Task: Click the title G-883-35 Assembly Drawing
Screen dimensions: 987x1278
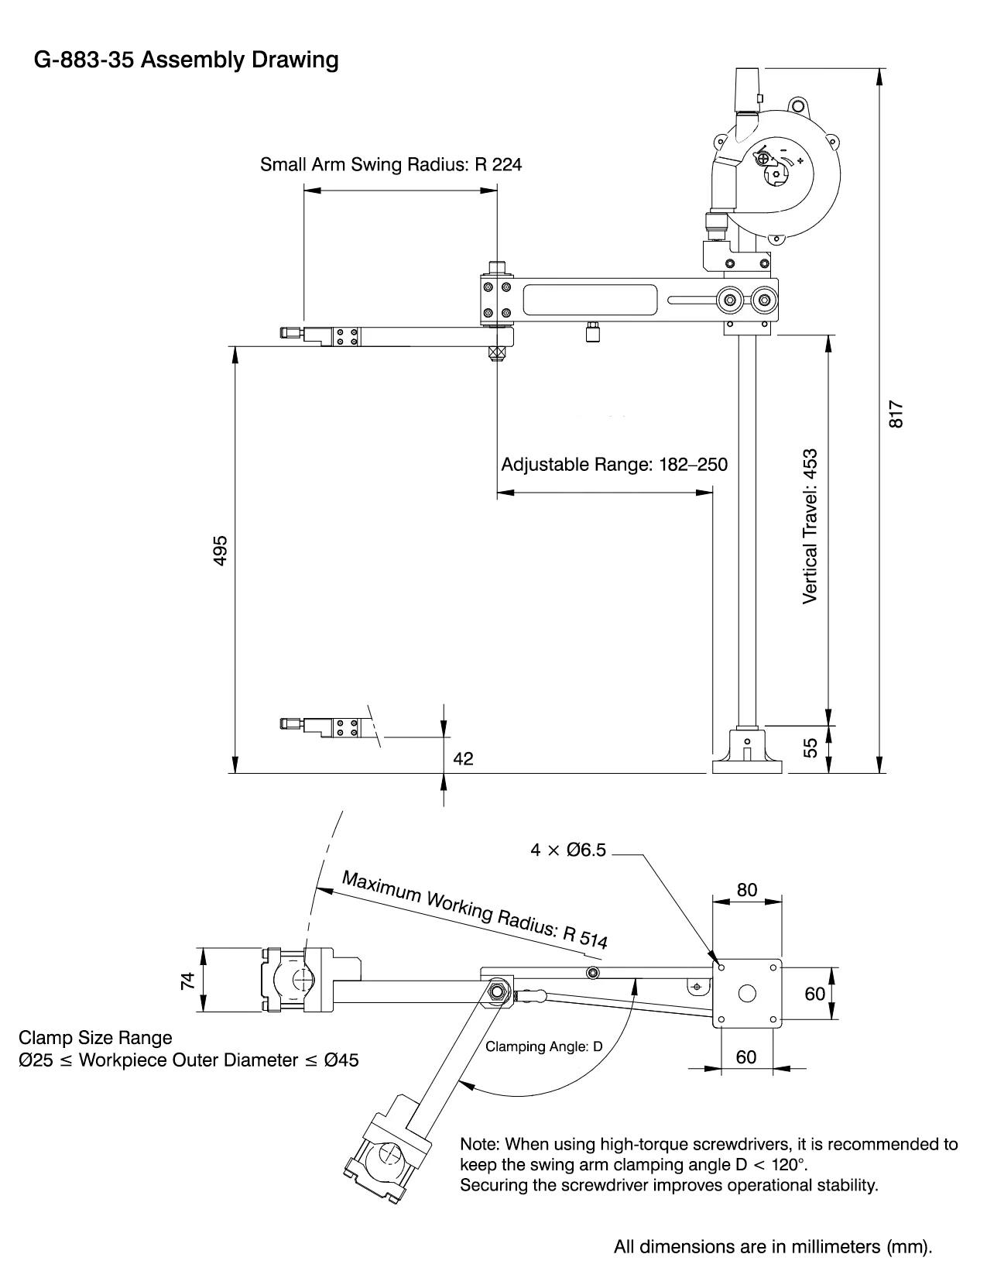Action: click(x=187, y=60)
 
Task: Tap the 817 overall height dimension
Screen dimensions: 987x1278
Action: click(x=896, y=414)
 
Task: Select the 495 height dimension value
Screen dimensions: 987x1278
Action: click(x=220, y=551)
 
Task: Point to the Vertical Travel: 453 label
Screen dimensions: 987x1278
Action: click(x=810, y=527)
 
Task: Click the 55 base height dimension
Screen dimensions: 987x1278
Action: click(x=810, y=748)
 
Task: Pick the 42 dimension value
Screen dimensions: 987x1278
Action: click(x=463, y=759)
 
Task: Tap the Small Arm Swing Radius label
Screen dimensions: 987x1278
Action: click(x=391, y=164)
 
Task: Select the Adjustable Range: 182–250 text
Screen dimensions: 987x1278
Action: click(x=615, y=465)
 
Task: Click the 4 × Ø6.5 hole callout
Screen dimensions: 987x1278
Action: click(x=568, y=850)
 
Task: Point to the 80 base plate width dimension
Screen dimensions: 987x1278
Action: click(x=746, y=890)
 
